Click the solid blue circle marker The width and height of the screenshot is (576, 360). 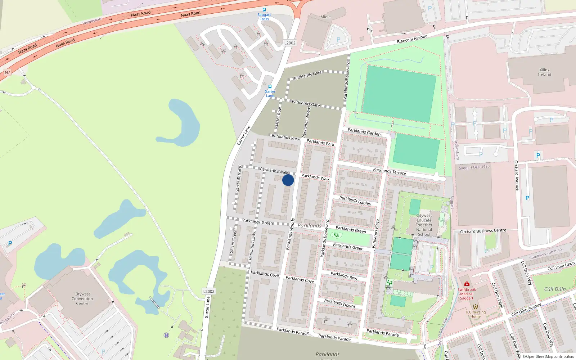click(288, 180)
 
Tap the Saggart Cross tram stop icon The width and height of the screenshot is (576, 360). click(264, 10)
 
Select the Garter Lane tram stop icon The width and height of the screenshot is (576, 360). click(270, 87)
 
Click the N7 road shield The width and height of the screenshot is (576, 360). click(7, 72)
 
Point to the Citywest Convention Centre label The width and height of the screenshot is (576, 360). click(82, 299)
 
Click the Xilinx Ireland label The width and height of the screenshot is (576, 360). click(544, 72)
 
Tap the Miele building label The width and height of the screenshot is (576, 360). click(325, 17)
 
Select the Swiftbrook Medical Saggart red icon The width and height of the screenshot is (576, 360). click(467, 284)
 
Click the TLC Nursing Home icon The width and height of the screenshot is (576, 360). click(475, 307)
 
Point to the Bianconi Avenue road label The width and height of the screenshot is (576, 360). click(412, 39)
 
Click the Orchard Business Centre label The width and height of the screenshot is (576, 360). click(483, 231)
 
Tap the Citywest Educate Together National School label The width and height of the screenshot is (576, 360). click(424, 225)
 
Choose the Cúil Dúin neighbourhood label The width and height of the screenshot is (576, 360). click(555, 289)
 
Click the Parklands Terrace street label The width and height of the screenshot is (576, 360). click(390, 171)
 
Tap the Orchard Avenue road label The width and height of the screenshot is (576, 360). click(517, 175)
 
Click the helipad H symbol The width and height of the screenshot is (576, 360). click(166, 335)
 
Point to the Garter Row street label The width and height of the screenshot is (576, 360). click(278, 117)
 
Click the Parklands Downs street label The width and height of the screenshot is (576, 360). click(340, 303)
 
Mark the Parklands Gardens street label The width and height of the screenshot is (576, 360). click(365, 132)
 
